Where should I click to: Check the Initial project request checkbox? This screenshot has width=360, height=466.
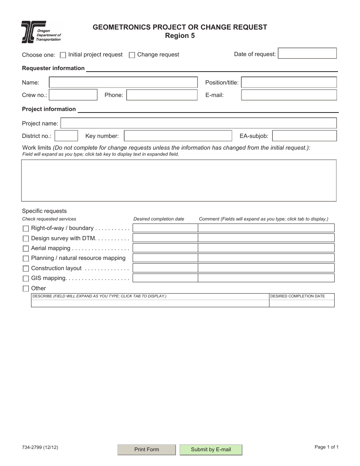tap(63, 55)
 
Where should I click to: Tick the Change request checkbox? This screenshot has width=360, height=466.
tap(132, 55)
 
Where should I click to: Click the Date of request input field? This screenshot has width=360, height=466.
tap(307, 53)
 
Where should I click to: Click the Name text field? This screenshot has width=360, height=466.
tap(123, 83)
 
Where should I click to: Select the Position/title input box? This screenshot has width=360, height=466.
tap(289, 83)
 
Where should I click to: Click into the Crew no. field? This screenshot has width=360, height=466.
tap(73, 95)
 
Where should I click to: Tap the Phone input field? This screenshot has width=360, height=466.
tap(162, 95)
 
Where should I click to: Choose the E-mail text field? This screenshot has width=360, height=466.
tap(289, 95)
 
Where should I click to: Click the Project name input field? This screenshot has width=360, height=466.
tap(199, 123)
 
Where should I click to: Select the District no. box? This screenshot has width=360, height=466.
tap(66, 136)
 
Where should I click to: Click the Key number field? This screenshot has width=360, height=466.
tap(178, 136)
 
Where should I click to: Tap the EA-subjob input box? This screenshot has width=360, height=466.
tap(304, 136)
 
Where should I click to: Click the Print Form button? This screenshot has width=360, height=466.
tap(147, 449)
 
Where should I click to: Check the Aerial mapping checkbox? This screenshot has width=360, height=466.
tap(26, 249)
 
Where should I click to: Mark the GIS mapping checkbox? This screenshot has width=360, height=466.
tap(26, 278)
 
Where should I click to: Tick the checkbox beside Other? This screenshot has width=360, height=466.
tap(26, 288)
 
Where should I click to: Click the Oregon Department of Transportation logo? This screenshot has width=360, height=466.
tap(41, 32)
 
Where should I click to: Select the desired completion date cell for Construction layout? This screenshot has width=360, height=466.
tap(165, 268)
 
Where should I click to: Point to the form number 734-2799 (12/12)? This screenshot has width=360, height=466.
tap(40, 447)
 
